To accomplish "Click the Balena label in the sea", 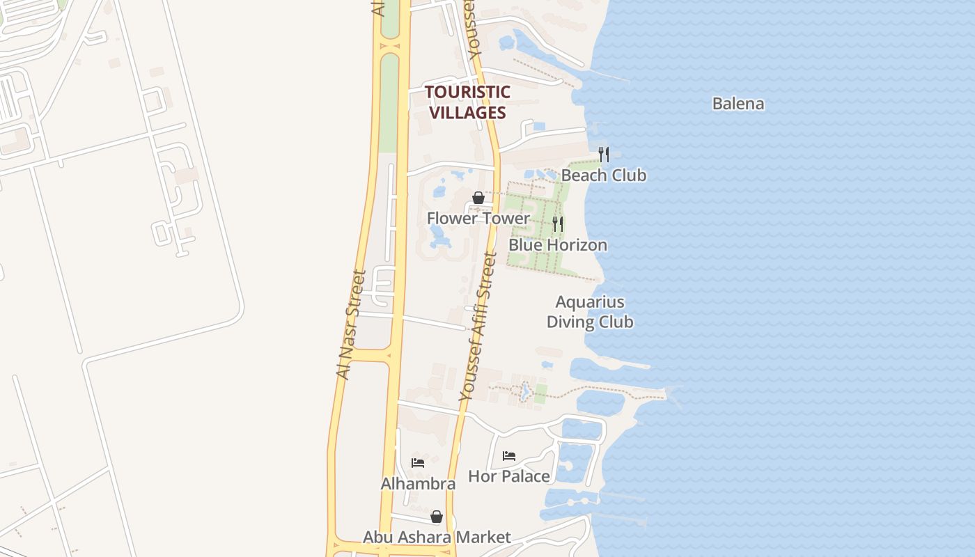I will click(x=738, y=104).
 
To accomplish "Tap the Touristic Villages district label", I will click(x=467, y=102).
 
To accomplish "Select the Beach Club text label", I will click(x=604, y=175).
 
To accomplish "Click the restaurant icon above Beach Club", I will click(x=604, y=154).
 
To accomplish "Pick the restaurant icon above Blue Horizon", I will click(x=558, y=223).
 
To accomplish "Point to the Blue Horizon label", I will click(x=558, y=245).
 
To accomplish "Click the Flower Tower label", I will click(x=478, y=219).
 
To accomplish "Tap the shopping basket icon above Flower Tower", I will click(x=478, y=198).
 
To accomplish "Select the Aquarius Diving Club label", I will click(x=590, y=312).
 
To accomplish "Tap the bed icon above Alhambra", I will click(x=418, y=462).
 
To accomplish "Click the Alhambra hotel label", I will click(x=418, y=484).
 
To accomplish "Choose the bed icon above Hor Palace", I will click(x=509, y=456).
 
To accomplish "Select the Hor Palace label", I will click(x=509, y=477).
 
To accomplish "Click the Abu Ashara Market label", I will click(x=437, y=538).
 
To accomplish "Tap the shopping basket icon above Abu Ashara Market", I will click(x=437, y=517).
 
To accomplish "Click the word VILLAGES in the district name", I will click(x=467, y=112).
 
